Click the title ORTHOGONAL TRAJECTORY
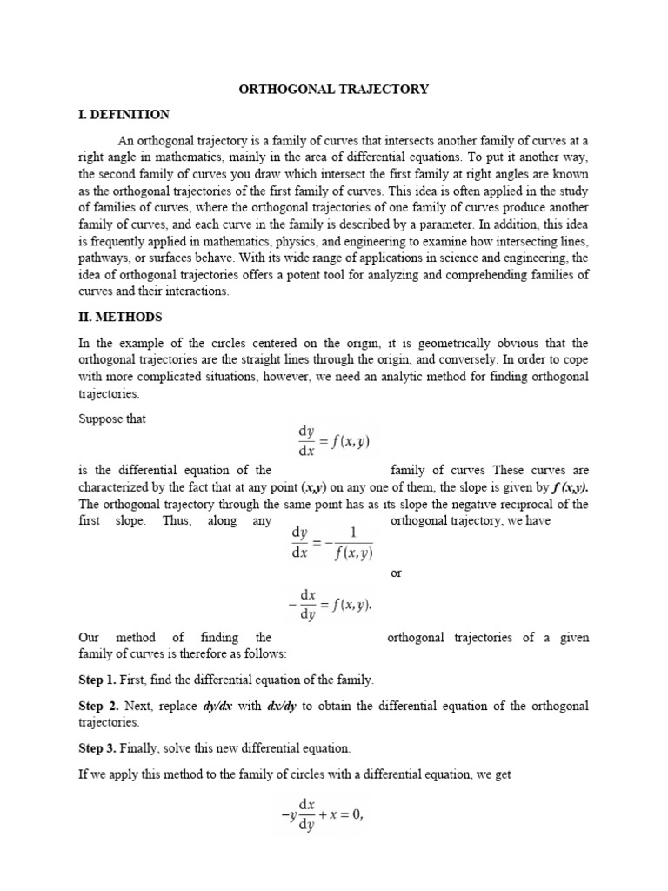click(333, 89)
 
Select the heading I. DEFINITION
click(124, 114)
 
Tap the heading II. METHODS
click(120, 317)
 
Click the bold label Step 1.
click(99, 679)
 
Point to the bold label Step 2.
click(99, 706)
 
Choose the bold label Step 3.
click(99, 748)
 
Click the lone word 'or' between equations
click(397, 573)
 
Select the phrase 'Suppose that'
click(112, 419)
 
